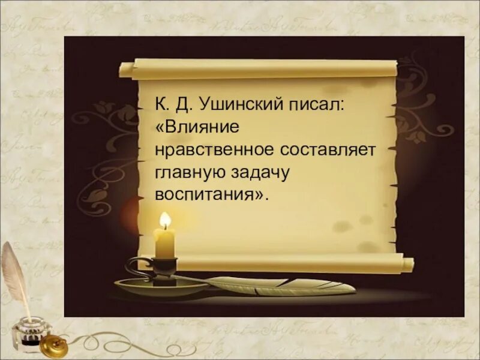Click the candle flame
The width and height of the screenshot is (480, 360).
[164, 220]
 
